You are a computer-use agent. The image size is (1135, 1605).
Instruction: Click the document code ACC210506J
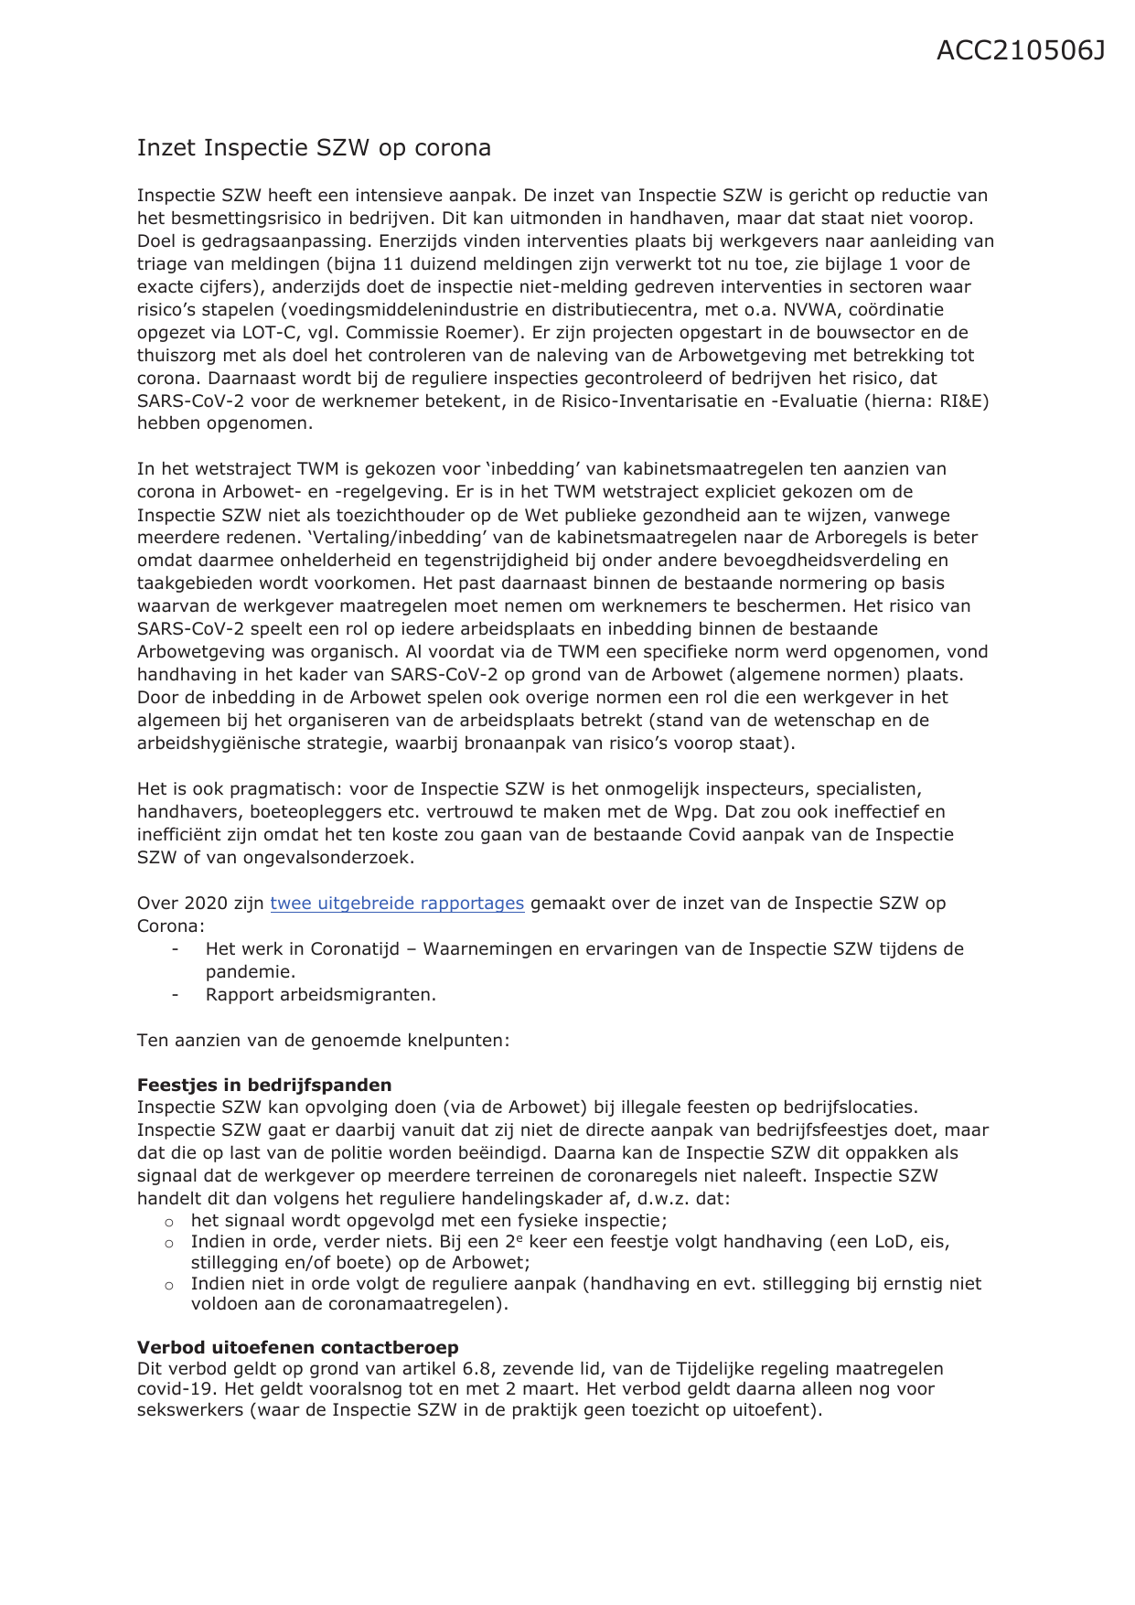(1020, 51)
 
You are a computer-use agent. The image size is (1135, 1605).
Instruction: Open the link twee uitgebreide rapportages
(397, 904)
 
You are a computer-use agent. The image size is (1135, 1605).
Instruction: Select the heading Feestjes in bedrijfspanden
(264, 1085)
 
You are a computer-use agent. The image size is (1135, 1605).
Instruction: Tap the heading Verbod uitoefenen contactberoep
(297, 1347)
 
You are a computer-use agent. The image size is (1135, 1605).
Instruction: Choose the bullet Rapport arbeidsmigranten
(320, 995)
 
